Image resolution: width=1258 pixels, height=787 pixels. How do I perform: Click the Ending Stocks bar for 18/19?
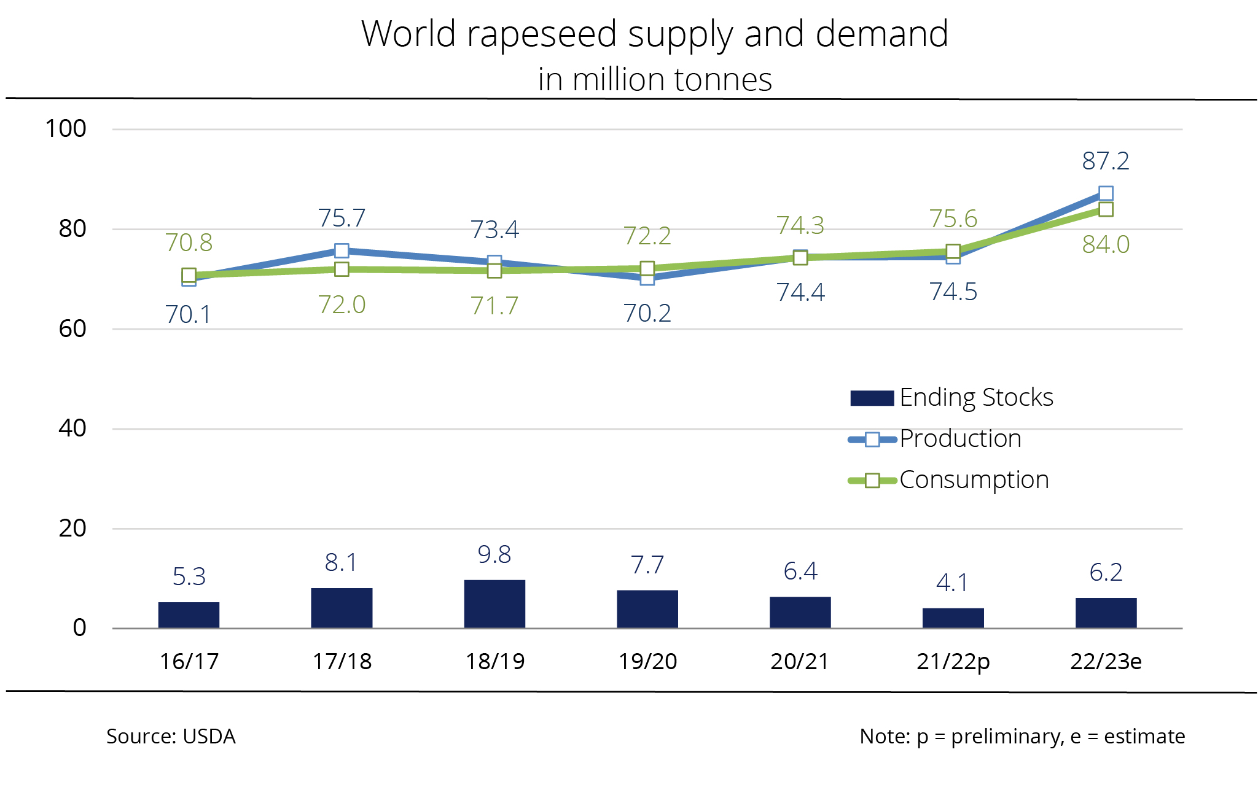click(x=494, y=603)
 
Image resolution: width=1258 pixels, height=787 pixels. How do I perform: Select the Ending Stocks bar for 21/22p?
click(x=953, y=618)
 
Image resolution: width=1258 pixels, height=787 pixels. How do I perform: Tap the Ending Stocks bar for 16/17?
click(x=189, y=614)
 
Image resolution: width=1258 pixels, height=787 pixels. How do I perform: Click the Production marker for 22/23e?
click(x=1106, y=193)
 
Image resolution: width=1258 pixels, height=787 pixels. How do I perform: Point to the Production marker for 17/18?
click(x=342, y=250)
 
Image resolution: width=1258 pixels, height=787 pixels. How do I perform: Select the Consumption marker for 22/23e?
click(x=1106, y=209)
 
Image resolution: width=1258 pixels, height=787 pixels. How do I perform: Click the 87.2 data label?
click(x=1106, y=161)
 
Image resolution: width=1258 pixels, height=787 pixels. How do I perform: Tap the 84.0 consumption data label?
click(x=1106, y=244)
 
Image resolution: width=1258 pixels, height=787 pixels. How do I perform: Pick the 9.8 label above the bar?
click(x=494, y=555)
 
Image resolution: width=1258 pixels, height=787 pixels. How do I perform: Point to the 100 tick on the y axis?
click(x=66, y=129)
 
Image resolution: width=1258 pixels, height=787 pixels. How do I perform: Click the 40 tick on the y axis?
click(x=72, y=428)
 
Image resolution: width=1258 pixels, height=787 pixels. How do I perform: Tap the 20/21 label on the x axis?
click(x=800, y=661)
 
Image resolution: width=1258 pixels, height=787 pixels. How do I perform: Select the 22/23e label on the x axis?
click(x=1106, y=661)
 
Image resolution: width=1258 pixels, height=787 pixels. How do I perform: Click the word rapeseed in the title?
click(x=541, y=34)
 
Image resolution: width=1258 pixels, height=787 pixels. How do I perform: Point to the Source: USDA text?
click(x=171, y=736)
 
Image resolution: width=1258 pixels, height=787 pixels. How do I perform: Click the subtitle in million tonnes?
click(x=655, y=80)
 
